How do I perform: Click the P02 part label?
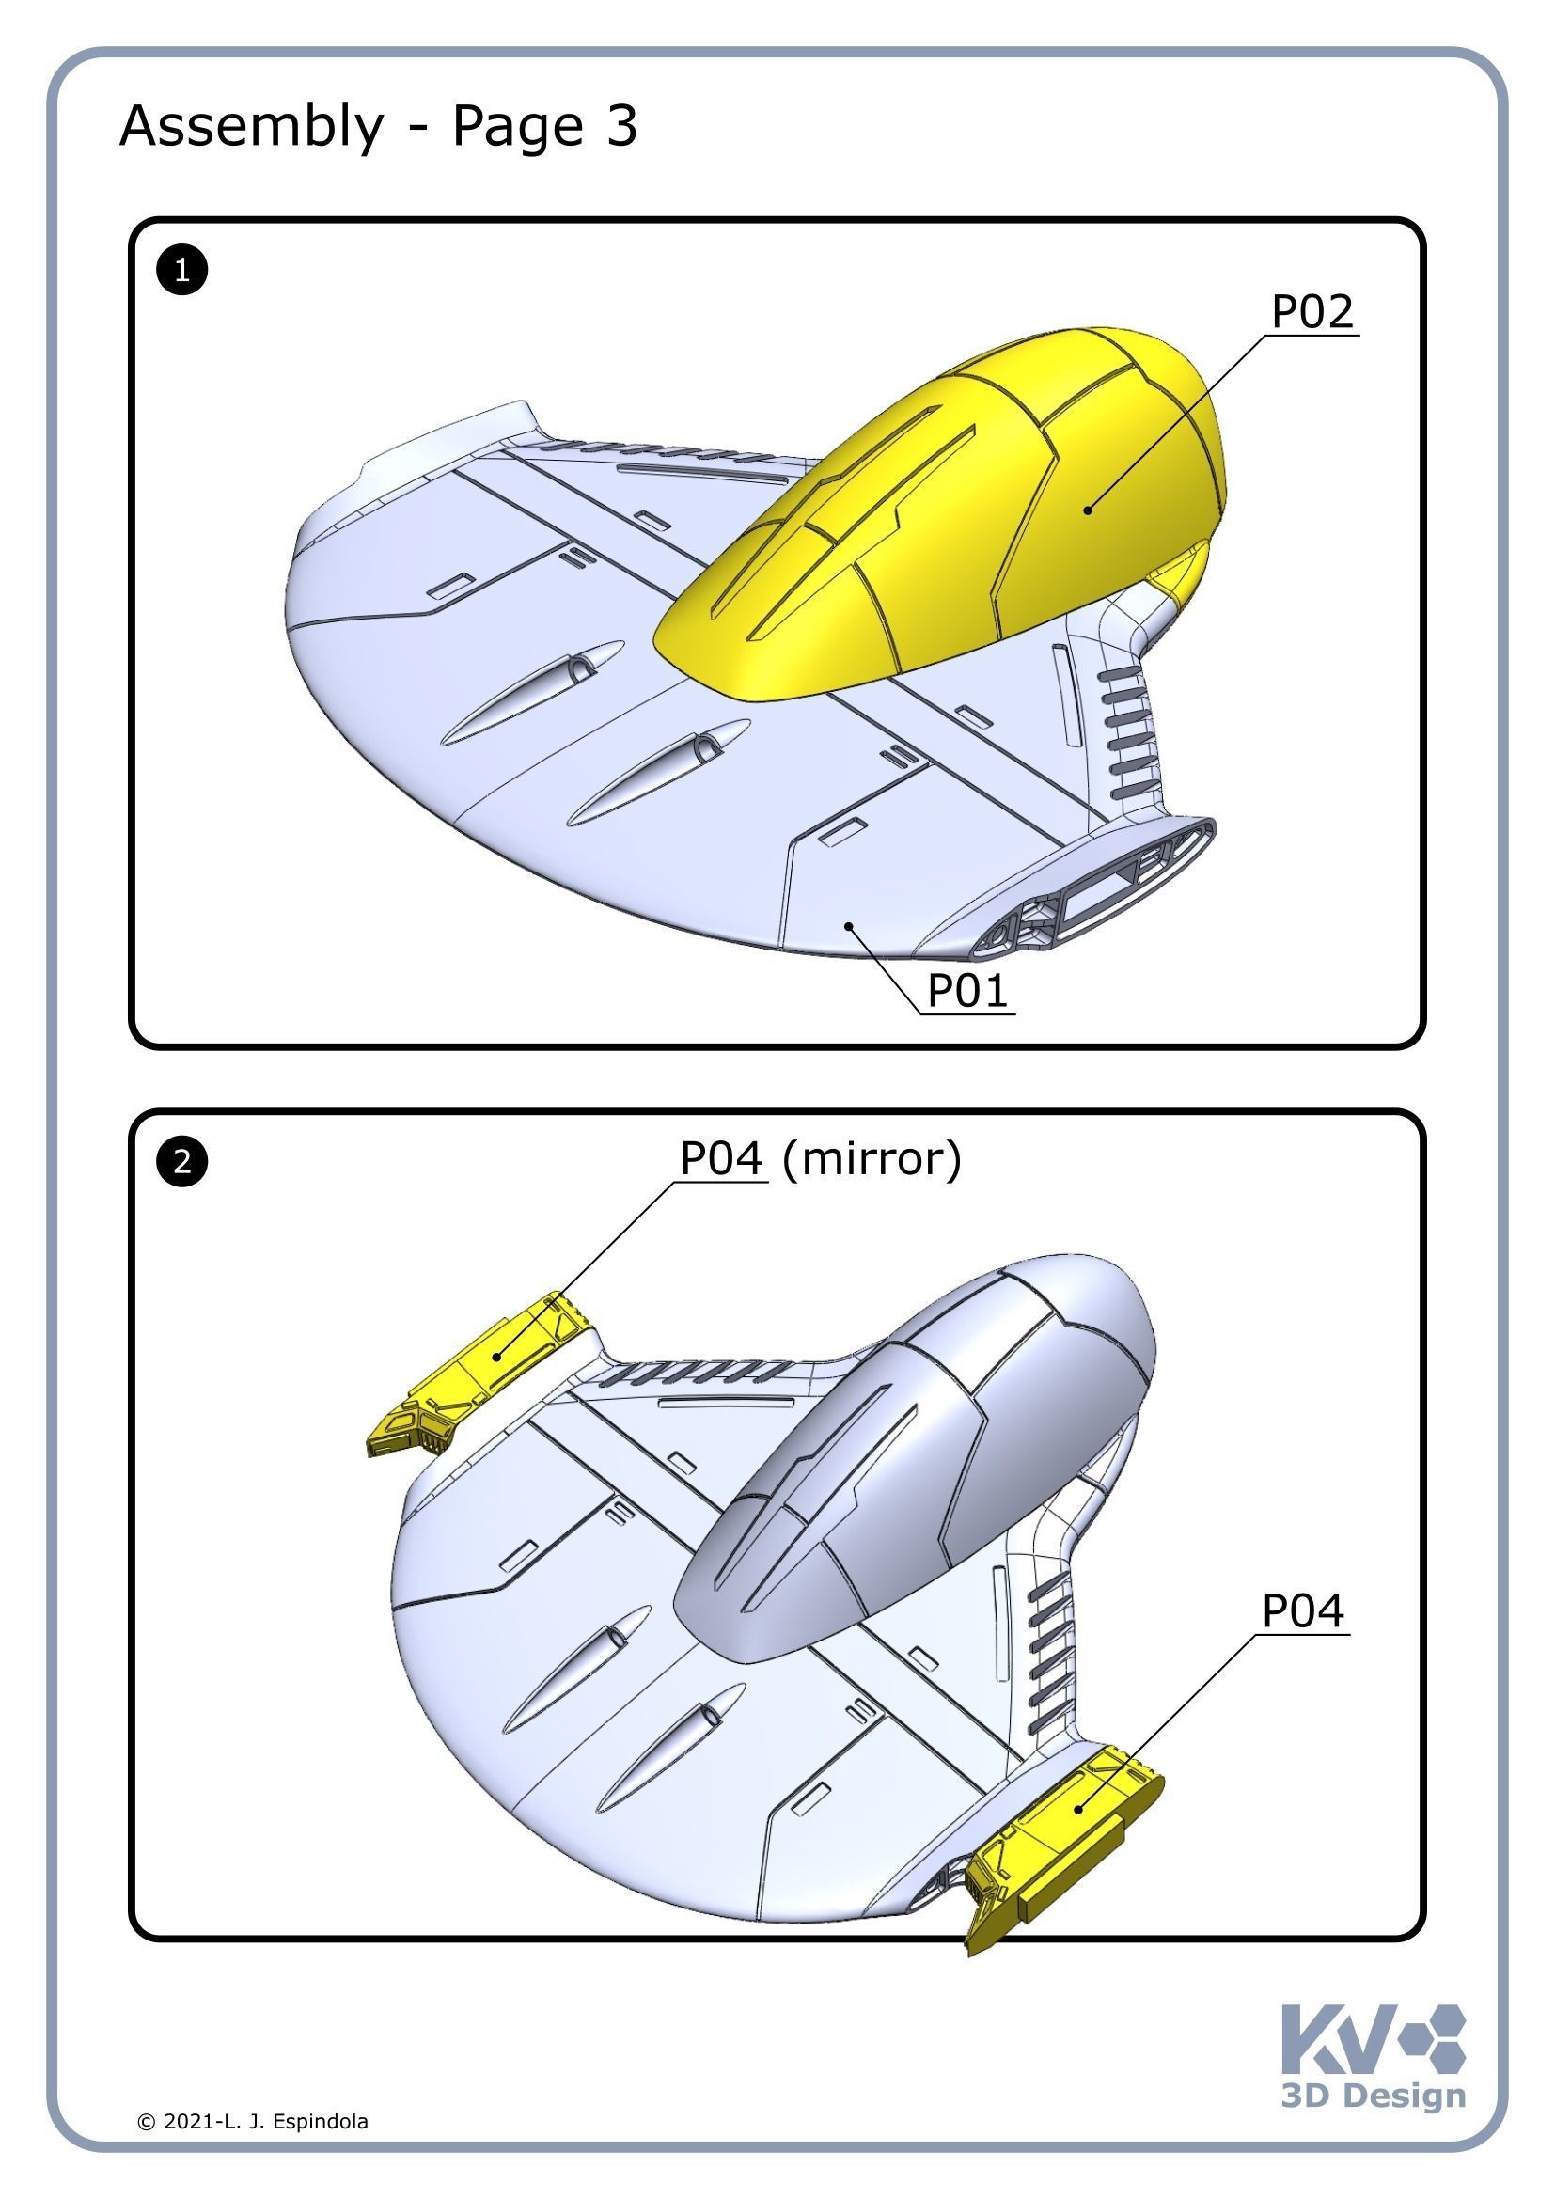pyautogui.click(x=1311, y=312)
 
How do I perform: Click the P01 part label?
pyautogui.click(x=967, y=989)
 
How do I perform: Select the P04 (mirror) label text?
pyautogui.click(x=820, y=1159)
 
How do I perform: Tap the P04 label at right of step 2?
pyautogui.click(x=1302, y=1611)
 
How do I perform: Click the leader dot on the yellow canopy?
pyautogui.click(x=1088, y=510)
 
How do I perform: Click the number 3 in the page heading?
pyautogui.click(x=621, y=125)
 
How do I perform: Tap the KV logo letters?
pyautogui.click(x=1337, y=2040)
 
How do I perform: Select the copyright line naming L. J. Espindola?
pyautogui.click(x=253, y=2121)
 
